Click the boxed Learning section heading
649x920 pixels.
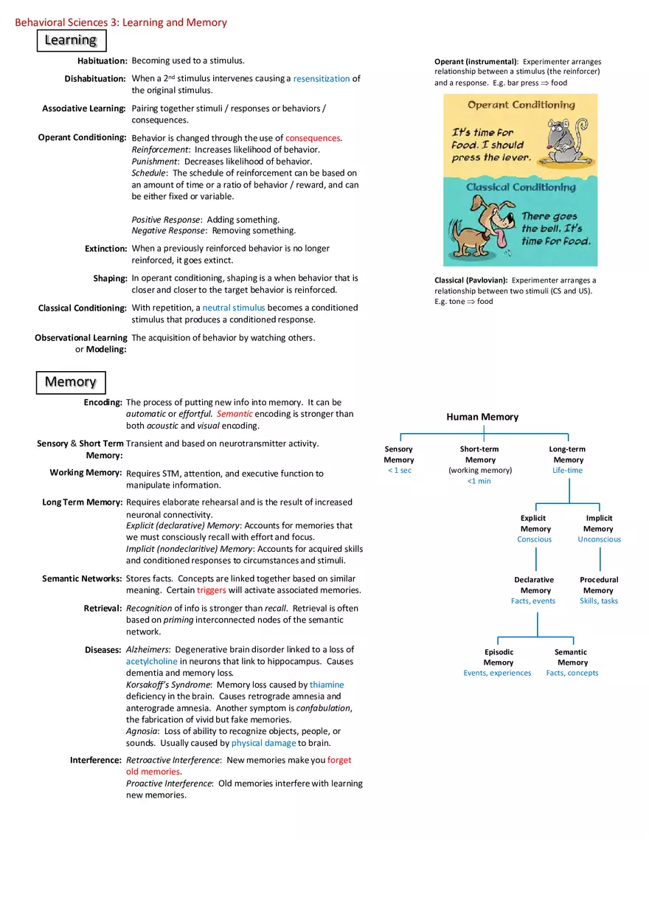click(x=71, y=40)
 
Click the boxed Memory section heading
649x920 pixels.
click(x=71, y=382)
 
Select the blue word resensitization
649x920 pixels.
click(x=321, y=78)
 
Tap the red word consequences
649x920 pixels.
click(x=313, y=138)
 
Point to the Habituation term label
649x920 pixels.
click(x=102, y=60)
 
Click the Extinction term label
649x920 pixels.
click(x=105, y=249)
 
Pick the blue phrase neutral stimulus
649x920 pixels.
click(x=233, y=308)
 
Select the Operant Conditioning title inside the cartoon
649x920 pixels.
click(x=521, y=105)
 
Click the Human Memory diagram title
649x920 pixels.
click(x=482, y=417)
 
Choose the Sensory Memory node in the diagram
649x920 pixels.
click(x=399, y=454)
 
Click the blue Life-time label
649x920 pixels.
click(x=568, y=470)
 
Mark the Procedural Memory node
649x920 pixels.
click(x=599, y=585)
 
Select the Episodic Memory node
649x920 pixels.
click(x=499, y=657)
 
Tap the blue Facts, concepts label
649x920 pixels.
click(x=572, y=673)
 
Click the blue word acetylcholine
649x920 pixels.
click(x=152, y=662)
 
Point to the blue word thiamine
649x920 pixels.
click(x=326, y=685)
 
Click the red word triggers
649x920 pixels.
click(x=211, y=590)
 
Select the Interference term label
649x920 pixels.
click(x=95, y=760)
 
